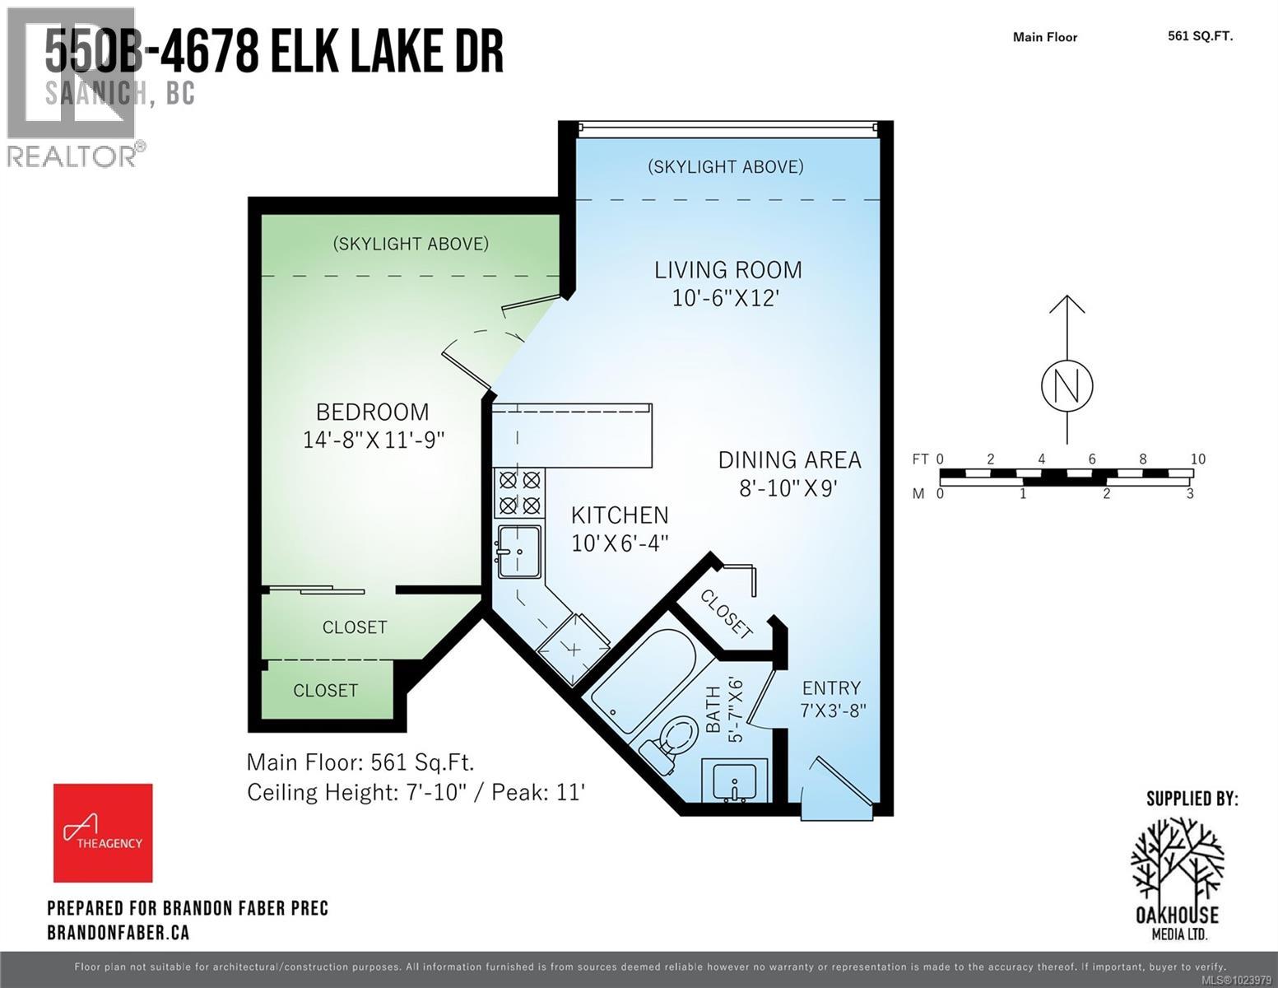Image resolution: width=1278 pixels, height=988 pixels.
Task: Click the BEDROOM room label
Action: [373, 412]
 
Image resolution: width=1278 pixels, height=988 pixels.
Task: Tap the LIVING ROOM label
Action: [727, 270]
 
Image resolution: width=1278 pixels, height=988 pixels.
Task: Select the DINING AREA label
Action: [789, 459]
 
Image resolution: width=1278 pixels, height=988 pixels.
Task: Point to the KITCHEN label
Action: [620, 515]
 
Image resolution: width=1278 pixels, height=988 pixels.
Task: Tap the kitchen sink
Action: [519, 550]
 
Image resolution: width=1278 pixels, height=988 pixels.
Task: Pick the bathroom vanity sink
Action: [735, 780]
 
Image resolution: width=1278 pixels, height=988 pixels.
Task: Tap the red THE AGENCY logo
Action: [103, 832]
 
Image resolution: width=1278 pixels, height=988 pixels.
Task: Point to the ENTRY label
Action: [831, 688]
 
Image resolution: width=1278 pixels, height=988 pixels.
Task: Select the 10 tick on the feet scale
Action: [1197, 459]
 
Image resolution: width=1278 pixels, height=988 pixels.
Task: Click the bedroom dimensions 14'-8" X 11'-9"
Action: [374, 440]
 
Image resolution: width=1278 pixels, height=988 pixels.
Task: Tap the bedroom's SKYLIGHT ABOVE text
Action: [411, 244]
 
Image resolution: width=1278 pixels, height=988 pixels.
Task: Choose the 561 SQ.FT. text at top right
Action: [1200, 35]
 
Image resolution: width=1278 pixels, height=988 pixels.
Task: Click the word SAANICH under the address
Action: [97, 94]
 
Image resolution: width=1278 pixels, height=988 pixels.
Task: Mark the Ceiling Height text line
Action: [416, 792]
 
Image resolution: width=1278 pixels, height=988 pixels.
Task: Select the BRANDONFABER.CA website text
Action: [118, 932]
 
